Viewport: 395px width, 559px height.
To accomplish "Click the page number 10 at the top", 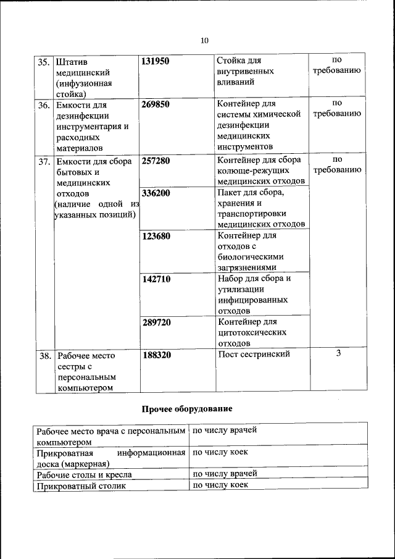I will coord(204,40).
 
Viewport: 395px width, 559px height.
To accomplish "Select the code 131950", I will coord(156,61).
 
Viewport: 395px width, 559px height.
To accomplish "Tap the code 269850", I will coord(156,104).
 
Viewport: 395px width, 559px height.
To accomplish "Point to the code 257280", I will coord(156,161).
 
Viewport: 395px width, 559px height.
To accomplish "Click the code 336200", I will coord(156,193).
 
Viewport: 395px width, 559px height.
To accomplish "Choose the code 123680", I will coord(156,236).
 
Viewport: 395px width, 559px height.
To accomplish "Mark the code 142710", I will coord(156,279).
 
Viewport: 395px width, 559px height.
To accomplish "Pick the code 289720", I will coord(156,322).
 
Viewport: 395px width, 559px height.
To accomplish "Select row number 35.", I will coord(44,62).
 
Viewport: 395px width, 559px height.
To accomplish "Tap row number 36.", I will coord(44,105).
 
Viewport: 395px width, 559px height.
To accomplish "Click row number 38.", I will coord(44,356).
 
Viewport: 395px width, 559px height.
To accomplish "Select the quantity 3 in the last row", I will coord(338,354).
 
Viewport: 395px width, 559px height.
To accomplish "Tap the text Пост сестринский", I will coord(254,355).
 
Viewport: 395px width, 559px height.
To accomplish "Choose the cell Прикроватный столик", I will coord(81,486).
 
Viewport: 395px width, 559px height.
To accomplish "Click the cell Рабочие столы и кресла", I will coord(85,475).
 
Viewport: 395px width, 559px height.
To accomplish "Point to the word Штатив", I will coord(72,62).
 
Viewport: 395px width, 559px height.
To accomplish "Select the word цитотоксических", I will coord(252,332).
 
